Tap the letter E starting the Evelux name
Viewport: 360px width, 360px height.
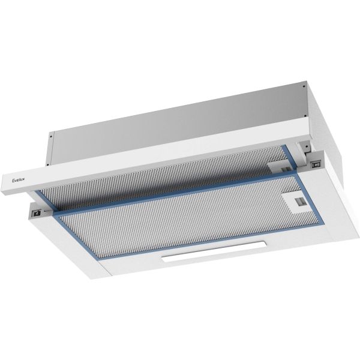click(14, 178)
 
